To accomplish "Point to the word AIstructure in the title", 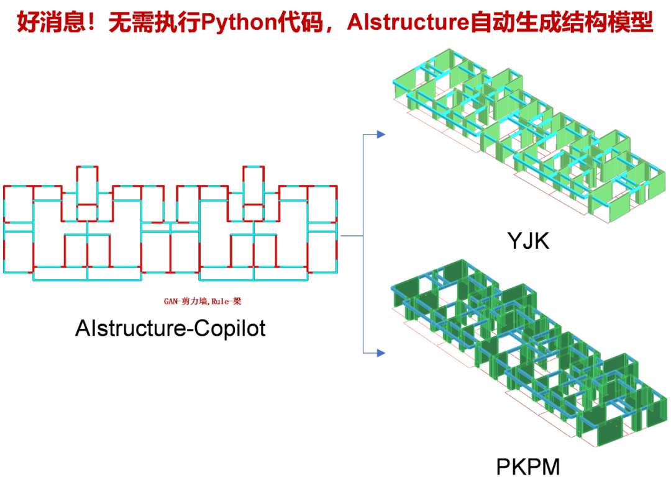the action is click(408, 23).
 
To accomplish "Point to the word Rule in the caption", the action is click(220, 302).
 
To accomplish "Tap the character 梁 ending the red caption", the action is click(237, 302).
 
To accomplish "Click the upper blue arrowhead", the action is click(380, 134).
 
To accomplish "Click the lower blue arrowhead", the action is click(380, 353).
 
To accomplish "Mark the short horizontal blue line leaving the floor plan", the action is click(351, 236).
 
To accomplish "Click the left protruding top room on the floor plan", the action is click(87, 185).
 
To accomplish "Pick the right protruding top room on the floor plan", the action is click(253, 185).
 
